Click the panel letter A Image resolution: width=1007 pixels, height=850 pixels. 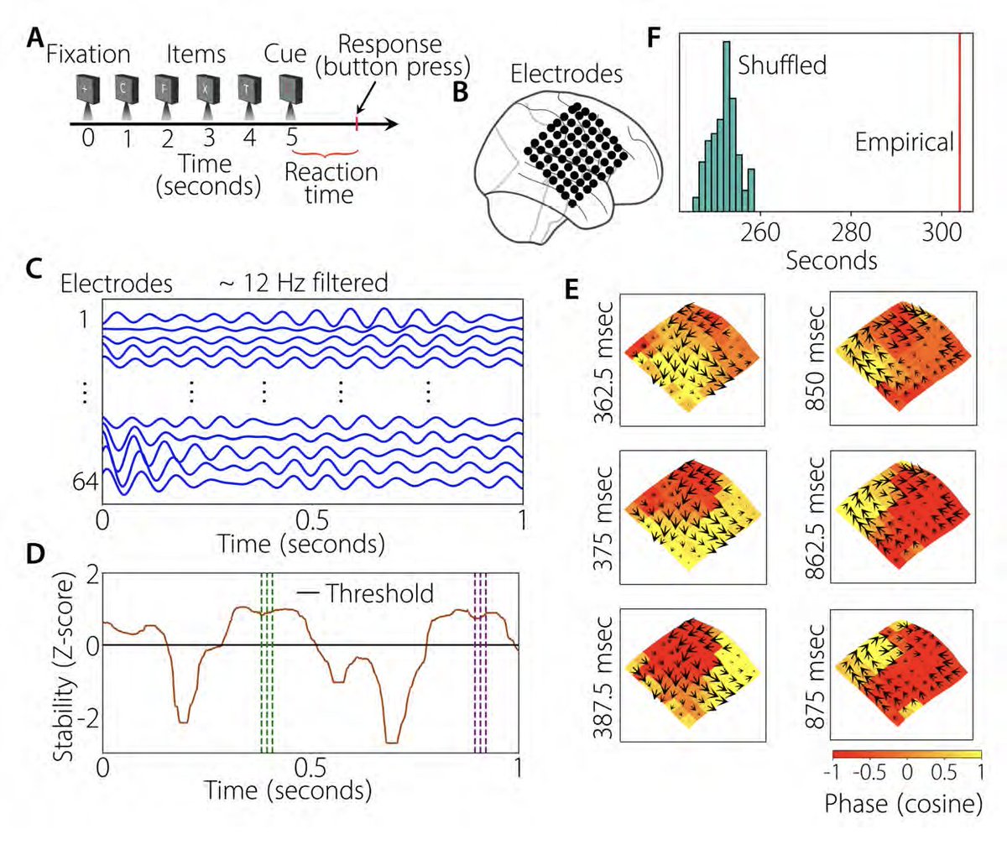point(34,39)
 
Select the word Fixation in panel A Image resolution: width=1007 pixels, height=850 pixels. point(88,55)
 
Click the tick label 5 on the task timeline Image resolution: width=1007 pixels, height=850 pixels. point(290,138)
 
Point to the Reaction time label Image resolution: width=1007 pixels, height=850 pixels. point(331,183)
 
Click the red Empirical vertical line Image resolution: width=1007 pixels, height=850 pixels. point(959,117)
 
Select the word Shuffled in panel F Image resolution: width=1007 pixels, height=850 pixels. point(782,65)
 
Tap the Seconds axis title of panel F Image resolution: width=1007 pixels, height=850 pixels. point(831,260)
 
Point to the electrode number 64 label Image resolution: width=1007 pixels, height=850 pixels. point(85,482)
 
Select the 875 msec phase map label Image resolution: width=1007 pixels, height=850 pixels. point(813,681)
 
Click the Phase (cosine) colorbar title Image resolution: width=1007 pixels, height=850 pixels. point(903,804)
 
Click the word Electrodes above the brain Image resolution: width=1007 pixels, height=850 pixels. point(566,74)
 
